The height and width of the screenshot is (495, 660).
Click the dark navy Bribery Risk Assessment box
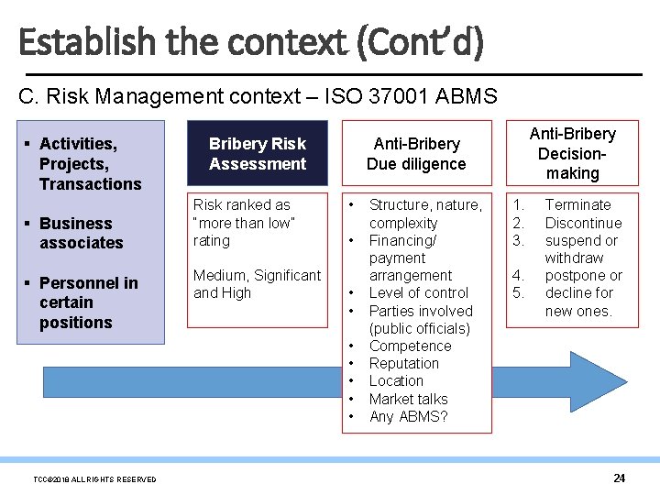(257, 153)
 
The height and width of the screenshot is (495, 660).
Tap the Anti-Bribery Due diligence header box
(415, 153)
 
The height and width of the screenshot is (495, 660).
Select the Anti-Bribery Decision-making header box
(572, 153)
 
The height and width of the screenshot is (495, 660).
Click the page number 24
(619, 478)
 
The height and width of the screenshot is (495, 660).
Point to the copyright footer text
(94, 479)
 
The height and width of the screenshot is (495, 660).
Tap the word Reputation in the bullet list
(403, 364)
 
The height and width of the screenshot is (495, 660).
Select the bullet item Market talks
(408, 399)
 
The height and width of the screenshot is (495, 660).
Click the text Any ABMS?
(408, 416)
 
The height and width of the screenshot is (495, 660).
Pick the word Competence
(410, 346)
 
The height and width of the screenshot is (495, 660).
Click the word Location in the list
(396, 381)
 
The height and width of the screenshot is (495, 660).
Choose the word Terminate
(577, 205)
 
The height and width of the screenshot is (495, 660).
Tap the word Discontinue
(583, 223)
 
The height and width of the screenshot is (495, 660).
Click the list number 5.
(518, 293)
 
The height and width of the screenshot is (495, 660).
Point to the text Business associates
(81, 233)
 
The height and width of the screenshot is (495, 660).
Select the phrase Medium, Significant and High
(257, 284)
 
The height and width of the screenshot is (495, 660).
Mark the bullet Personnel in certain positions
(88, 302)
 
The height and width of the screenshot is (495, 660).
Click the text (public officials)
(419, 328)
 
